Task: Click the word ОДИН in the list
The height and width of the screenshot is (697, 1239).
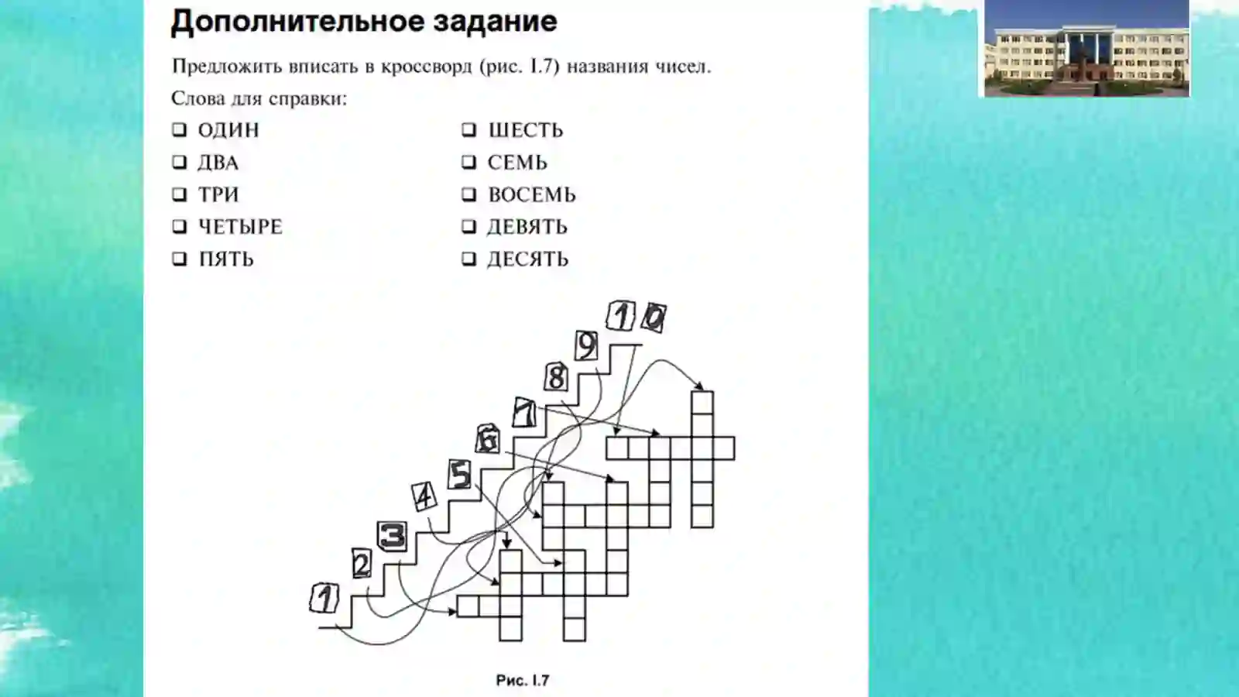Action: point(228,130)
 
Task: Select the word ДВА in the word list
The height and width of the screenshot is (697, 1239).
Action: point(218,163)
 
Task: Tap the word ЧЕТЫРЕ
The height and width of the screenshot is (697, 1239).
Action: point(240,227)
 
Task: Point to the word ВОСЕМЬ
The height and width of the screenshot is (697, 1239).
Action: point(531,194)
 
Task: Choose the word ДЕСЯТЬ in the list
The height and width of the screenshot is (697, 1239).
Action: point(527,259)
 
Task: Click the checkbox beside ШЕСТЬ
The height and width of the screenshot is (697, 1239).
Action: point(468,130)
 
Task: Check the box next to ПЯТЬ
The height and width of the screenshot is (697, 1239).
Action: point(179,259)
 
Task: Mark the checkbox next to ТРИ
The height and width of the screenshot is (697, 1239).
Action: point(179,194)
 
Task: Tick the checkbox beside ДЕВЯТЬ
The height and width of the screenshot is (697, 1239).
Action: point(468,227)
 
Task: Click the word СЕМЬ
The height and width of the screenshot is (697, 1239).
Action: point(517,163)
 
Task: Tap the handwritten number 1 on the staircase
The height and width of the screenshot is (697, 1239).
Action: point(324,599)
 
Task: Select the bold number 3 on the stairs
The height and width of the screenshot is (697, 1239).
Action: point(393,535)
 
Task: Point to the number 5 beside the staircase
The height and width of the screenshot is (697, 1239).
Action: point(460,475)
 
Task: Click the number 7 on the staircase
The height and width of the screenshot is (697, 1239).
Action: point(524,413)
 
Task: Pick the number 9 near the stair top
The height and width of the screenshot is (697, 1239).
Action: point(586,346)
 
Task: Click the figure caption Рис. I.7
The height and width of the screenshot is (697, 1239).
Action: point(523,681)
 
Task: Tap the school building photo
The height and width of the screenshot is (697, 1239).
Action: point(1087,48)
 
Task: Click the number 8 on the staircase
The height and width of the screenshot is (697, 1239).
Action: point(556,378)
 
